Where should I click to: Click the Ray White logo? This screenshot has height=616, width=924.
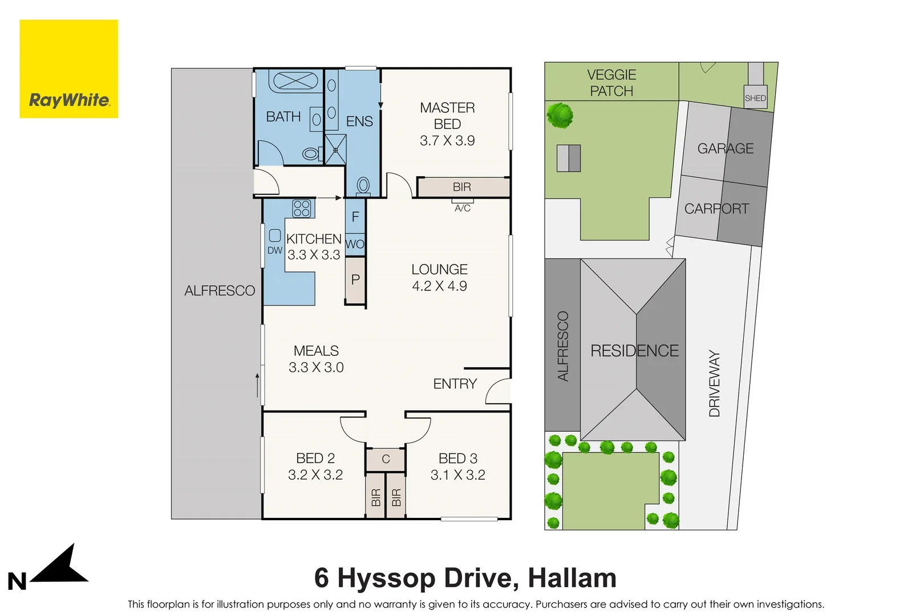point(69,69)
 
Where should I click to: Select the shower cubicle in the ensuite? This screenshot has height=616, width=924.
point(335,149)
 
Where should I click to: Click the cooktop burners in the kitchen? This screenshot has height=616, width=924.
point(302,208)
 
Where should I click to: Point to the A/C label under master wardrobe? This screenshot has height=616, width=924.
point(463,208)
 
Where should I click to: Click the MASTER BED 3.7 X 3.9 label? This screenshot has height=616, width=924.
point(447,124)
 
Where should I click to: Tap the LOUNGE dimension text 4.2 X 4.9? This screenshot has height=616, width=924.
point(439,286)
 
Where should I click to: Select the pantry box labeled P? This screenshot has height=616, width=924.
point(355,279)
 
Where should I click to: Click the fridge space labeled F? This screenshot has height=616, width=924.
point(355,217)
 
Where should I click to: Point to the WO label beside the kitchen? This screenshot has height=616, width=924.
point(355,244)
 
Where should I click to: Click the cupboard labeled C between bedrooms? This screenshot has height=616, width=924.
point(386,459)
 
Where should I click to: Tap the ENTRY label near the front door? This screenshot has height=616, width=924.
point(455,384)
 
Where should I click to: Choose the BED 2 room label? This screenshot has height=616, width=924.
point(315,459)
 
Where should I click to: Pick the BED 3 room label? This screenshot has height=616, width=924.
point(458,459)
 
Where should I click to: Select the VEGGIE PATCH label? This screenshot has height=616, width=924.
point(611,83)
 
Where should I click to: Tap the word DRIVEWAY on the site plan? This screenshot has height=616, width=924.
point(714,383)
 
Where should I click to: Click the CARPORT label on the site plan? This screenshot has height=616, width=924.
point(716,209)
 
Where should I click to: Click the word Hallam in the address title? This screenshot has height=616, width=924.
point(572,578)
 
